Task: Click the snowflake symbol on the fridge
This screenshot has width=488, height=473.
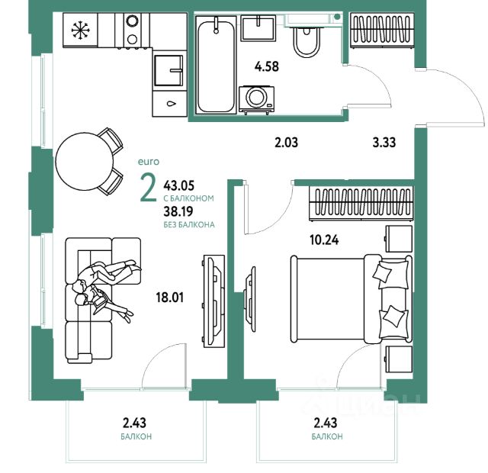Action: tap(81, 31)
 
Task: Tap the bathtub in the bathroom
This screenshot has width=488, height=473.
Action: tap(216, 65)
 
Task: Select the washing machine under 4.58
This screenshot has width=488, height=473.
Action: tap(257, 99)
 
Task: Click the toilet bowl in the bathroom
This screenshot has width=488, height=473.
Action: tap(307, 42)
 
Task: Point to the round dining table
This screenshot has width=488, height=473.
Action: tap(84, 161)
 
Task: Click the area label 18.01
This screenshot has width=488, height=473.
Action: tap(170, 298)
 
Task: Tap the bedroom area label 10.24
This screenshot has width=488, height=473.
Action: tap(324, 240)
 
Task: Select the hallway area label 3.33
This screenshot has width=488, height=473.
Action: tap(384, 143)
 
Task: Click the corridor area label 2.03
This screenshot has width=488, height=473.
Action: tap(287, 143)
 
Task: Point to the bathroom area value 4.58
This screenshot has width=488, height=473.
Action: tap(267, 66)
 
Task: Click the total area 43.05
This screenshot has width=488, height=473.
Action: tap(179, 185)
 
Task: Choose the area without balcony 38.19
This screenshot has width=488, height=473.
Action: tap(178, 211)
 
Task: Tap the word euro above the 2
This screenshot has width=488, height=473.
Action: tap(149, 162)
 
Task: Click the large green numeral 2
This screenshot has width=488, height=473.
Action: tap(149, 188)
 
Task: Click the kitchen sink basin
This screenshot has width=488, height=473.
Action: tap(169, 70)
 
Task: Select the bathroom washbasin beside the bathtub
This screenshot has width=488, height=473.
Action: tap(258, 29)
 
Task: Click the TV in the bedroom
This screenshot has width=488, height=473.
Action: tap(250, 299)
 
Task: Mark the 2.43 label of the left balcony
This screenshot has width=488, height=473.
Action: tap(134, 423)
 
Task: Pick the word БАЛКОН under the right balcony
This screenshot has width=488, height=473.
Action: tap(327, 436)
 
